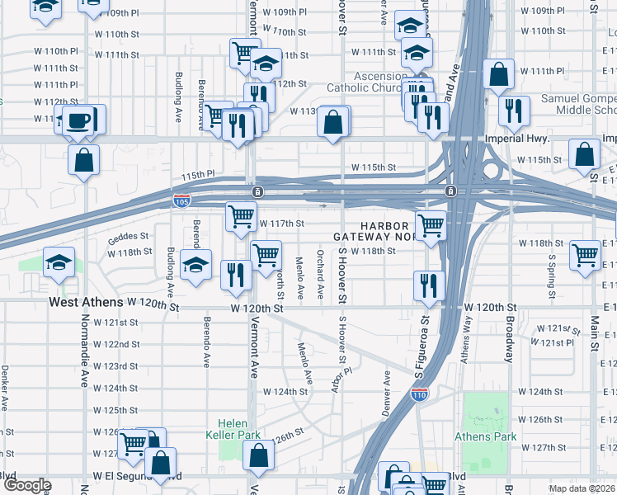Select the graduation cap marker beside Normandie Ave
(59, 262)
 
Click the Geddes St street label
(128, 237)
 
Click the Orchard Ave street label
(319, 272)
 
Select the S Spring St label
(551, 271)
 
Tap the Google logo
(27, 485)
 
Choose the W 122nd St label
(115, 344)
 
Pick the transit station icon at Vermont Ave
(258, 192)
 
